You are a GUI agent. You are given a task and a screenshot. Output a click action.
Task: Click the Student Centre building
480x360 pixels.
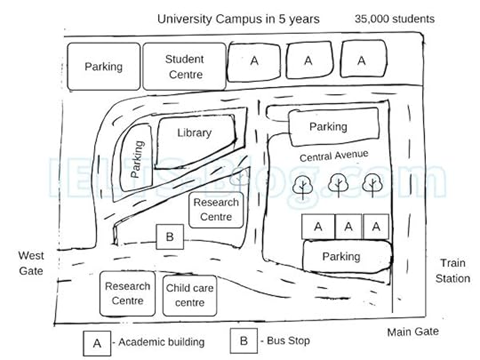coord(184,65)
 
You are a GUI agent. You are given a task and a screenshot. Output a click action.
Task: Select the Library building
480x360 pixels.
coord(194,133)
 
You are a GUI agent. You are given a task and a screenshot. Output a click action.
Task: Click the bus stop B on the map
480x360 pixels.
coord(169,237)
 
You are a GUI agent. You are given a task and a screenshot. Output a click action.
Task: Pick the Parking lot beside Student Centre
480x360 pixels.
coord(103,67)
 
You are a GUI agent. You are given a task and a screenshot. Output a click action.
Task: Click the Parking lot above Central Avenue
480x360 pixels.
coord(328,127)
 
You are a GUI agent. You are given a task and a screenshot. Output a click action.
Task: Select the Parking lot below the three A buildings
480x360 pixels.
coord(341,257)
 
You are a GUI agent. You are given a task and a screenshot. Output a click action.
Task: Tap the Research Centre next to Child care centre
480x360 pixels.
coord(127,293)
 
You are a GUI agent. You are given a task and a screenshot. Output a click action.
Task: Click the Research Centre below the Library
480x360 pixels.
coord(216,210)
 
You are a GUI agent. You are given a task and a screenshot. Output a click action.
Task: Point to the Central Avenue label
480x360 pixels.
coord(332,156)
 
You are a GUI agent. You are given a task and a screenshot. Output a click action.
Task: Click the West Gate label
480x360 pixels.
coord(30,262)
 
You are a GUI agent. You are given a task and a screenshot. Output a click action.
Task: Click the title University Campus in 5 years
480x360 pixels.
coord(238,19)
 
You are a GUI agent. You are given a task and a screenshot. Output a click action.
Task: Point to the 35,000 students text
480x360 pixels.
coord(394,19)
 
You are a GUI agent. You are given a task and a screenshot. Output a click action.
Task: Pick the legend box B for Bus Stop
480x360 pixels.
coord(242,340)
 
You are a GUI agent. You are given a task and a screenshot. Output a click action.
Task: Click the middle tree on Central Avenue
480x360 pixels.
coord(338,185)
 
